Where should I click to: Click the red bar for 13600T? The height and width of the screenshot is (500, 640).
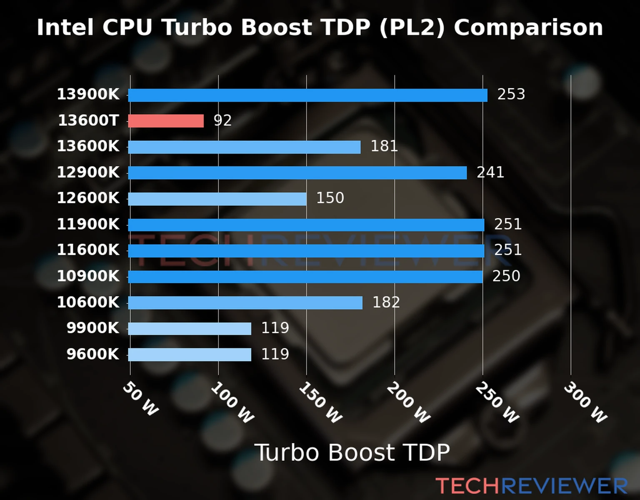click(166, 121)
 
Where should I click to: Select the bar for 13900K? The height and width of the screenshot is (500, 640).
click(307, 95)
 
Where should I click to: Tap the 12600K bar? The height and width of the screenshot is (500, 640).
click(217, 199)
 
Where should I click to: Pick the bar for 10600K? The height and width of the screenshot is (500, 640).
click(245, 302)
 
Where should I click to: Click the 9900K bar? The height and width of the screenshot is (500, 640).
click(190, 328)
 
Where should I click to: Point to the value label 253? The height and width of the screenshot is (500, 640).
click(511, 94)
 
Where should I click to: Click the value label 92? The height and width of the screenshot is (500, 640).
click(222, 120)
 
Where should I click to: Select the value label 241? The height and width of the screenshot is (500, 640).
click(490, 172)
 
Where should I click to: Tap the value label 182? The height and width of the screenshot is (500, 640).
click(386, 302)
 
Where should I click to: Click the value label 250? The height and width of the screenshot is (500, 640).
click(506, 276)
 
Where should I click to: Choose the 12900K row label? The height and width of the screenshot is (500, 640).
click(88, 172)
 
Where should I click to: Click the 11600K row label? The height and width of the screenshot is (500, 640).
click(88, 250)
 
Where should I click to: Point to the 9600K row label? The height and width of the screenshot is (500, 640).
click(93, 354)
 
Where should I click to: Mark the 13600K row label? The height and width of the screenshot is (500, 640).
click(88, 146)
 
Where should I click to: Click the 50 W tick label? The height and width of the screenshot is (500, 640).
click(141, 399)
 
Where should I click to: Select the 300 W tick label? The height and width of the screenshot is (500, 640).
click(585, 402)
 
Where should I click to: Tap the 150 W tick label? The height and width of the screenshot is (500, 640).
click(320, 402)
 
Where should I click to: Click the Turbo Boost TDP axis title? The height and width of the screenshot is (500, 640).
click(352, 452)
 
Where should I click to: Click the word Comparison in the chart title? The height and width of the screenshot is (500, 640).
click(528, 28)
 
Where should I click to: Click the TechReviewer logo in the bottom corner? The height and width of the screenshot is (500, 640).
click(531, 486)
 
